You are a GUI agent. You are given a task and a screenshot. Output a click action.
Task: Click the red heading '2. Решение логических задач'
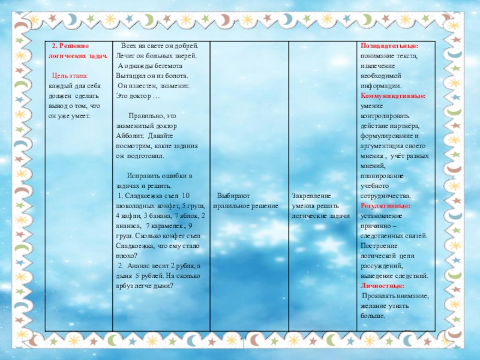[78, 50]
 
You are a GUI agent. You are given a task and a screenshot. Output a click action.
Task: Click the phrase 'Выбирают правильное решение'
[246, 200]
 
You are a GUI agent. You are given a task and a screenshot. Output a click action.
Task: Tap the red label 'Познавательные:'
[389, 46]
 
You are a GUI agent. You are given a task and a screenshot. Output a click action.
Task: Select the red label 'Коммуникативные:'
[392, 95]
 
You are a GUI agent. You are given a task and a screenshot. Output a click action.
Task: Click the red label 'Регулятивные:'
[385, 206]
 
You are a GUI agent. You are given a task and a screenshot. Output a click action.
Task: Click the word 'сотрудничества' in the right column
[385, 196]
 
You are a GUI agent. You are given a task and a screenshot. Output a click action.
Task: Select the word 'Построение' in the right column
[380, 246]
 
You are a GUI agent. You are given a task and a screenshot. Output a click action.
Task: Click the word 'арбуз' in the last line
[123, 286]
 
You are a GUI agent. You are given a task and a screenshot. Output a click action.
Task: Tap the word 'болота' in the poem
[176, 76]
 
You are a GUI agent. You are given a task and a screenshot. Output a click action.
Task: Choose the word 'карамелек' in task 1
[164, 226]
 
